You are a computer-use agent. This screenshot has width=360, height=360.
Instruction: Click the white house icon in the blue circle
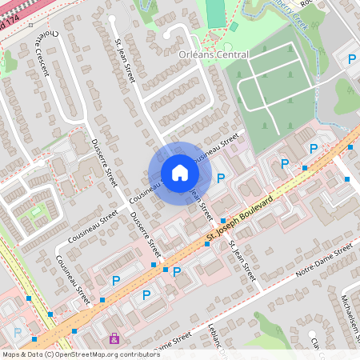coord(180,173)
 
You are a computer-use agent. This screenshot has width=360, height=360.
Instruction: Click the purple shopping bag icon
coord(115,338)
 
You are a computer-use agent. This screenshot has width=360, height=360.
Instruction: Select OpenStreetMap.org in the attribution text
coord(108,354)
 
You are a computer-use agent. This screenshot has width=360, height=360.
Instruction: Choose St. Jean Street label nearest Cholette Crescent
coord(126,59)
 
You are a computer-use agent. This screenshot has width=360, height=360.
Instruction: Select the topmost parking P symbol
coord(351,58)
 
